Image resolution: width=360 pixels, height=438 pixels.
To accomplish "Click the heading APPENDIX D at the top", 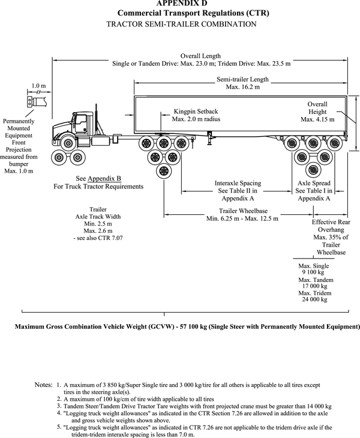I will (x=180, y=3).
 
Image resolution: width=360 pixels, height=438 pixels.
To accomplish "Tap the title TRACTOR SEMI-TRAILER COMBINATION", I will (x=181, y=24).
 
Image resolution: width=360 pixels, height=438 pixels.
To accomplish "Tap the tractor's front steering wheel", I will (x=67, y=143).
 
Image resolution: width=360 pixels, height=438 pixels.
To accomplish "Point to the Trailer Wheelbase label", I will (x=242, y=214).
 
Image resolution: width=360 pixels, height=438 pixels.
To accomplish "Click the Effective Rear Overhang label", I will (x=331, y=237).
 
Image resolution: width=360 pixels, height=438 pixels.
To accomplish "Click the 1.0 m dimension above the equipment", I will (x=38, y=86).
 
